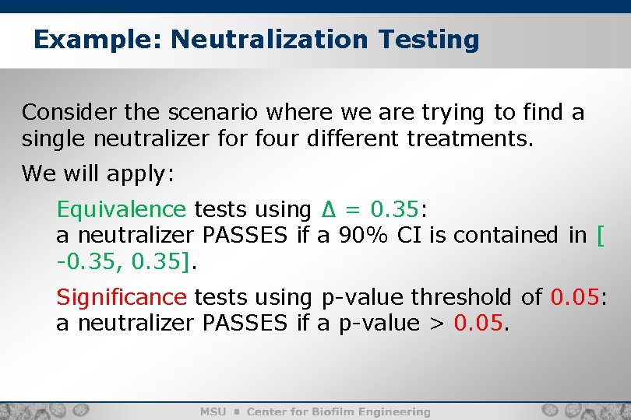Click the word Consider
(69, 113)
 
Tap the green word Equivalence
(121, 210)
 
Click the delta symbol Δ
(328, 210)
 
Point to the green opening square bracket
(598, 235)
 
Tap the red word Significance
(121, 297)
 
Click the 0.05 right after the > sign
(478, 323)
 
